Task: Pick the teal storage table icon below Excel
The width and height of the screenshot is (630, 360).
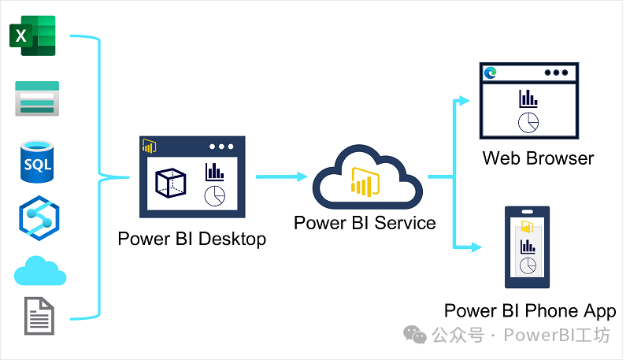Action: (37, 98)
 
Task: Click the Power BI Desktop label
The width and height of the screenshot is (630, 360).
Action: (191, 239)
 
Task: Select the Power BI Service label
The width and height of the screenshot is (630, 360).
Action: (365, 223)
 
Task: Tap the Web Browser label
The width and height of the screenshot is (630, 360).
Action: (538, 158)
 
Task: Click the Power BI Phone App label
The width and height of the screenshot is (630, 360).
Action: (530, 311)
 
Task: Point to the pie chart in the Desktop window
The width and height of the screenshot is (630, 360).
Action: (214, 195)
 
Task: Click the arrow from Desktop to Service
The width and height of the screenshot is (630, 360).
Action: (281, 178)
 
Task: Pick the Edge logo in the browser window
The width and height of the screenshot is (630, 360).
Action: (491, 72)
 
